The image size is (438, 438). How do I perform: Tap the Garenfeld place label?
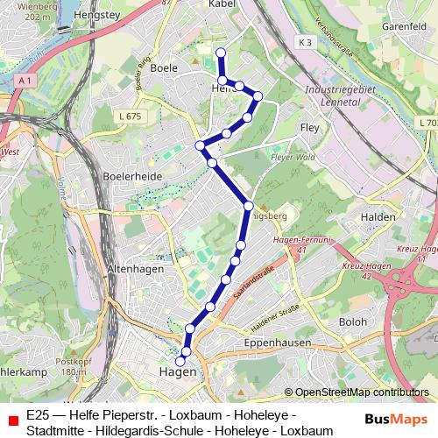(x=402, y=26)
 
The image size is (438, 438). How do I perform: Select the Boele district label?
(x=164, y=67)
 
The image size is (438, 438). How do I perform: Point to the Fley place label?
(x=310, y=127)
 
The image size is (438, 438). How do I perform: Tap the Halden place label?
(x=379, y=216)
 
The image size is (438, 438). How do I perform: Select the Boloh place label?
(x=354, y=321)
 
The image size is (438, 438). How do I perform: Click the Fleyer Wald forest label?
(x=292, y=159)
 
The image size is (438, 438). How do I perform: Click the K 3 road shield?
(x=304, y=41)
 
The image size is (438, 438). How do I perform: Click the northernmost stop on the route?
(x=221, y=53)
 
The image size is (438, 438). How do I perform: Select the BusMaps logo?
(x=392, y=419)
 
